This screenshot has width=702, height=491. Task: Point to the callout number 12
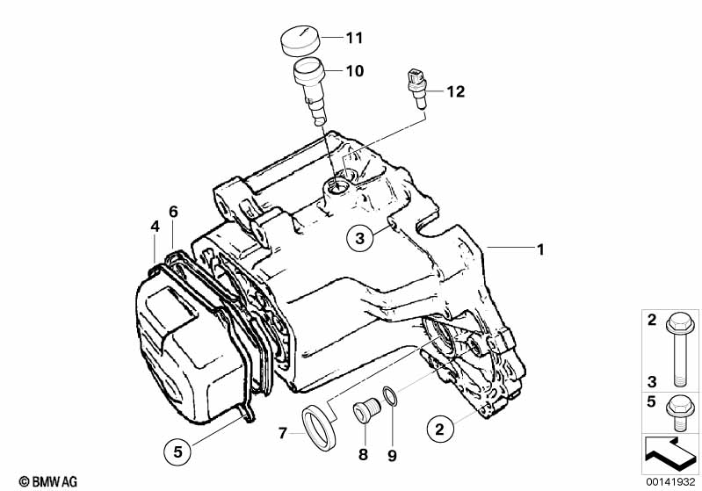click(x=455, y=90)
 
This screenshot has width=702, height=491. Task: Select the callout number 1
click(x=541, y=249)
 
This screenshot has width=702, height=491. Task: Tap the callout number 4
click(x=155, y=226)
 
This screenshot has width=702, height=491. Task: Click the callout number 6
click(x=173, y=212)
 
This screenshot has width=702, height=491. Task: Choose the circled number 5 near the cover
click(x=177, y=451)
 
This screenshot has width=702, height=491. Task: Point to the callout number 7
click(x=282, y=431)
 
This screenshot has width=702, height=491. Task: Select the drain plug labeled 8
click(x=363, y=412)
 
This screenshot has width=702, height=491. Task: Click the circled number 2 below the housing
click(x=441, y=429)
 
